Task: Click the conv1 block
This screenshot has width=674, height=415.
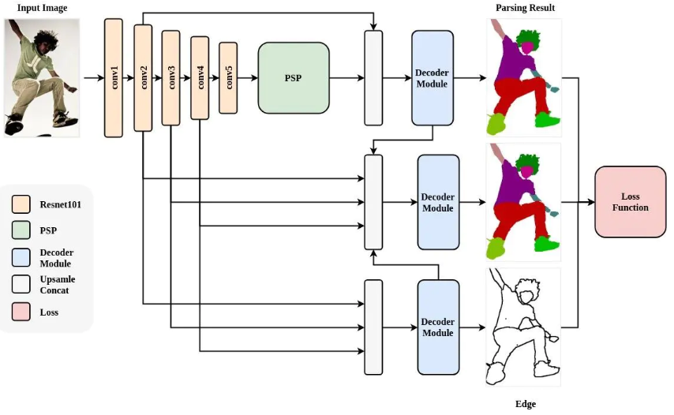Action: pyautogui.click(x=114, y=78)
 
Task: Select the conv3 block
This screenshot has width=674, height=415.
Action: pyautogui.click(x=170, y=78)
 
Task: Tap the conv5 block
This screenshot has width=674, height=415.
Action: pyautogui.click(x=228, y=78)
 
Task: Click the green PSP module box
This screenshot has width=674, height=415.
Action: pyautogui.click(x=294, y=78)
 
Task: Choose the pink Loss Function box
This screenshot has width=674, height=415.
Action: pyautogui.click(x=631, y=202)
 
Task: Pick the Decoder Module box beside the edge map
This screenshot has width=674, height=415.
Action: pyautogui.click(x=439, y=327)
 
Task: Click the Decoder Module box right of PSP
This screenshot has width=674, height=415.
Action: pyautogui.click(x=432, y=78)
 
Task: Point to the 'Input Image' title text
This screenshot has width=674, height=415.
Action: pyautogui.click(x=42, y=8)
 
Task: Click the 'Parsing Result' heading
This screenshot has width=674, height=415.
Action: pyautogui.click(x=526, y=8)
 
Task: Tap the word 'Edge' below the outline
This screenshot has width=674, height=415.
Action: pyautogui.click(x=526, y=404)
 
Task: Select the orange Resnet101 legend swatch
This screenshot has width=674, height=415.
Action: pyautogui.click(x=21, y=204)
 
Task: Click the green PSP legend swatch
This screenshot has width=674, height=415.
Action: pyautogui.click(x=21, y=230)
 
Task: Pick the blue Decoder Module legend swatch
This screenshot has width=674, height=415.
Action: pyautogui.click(x=21, y=257)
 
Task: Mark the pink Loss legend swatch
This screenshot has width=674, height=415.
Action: pyautogui.click(x=21, y=312)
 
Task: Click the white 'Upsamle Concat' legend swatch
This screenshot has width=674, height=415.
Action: pyautogui.click(x=21, y=284)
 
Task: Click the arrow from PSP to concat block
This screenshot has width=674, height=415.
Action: pyautogui.click(x=347, y=78)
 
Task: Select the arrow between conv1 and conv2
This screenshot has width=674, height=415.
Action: pyautogui.click(x=129, y=78)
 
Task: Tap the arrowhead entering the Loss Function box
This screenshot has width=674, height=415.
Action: pyautogui.click(x=591, y=202)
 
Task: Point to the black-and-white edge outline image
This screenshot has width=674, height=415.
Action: pyautogui.click(x=523, y=327)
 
